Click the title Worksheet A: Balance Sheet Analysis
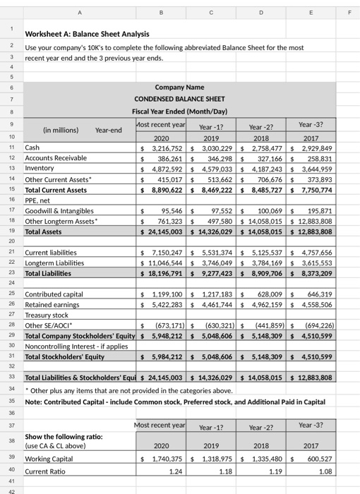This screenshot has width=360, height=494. coord(87,35)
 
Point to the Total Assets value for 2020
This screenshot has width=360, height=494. coord(165,231)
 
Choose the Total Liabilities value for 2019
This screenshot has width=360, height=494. coord(217,272)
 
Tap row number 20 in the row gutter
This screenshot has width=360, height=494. coord(11,242)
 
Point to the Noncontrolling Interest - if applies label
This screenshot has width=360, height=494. coord(75,347)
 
